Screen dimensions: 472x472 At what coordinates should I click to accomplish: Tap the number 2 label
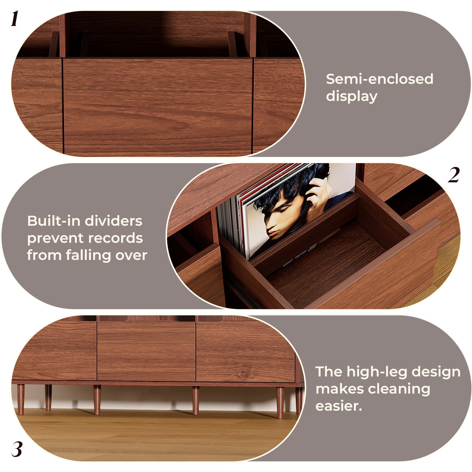454,175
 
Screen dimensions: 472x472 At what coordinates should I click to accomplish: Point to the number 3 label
17,450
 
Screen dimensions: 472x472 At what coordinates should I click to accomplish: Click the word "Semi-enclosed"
379,79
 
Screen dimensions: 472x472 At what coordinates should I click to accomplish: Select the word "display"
351,96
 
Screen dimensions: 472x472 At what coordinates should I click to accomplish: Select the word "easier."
339,406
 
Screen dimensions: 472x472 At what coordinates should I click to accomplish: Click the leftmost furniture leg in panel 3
21,399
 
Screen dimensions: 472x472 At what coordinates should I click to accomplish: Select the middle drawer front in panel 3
146,351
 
